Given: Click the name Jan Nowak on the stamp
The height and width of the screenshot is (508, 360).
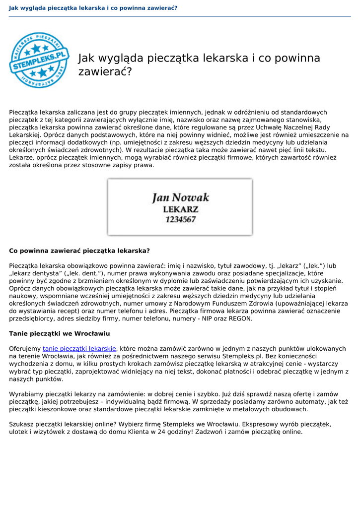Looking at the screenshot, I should point(180,197).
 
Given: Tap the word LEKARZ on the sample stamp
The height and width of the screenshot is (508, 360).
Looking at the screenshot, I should point(180,209).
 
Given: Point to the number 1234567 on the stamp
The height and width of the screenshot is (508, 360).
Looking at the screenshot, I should point(180,219).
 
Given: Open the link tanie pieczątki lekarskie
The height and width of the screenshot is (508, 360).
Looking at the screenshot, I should point(79,349).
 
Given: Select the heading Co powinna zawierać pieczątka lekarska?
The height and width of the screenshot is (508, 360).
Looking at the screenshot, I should point(79,251).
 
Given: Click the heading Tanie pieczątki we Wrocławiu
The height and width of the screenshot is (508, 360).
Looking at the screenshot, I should point(60,333).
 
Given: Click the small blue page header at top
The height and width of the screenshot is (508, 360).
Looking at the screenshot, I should point(93,8).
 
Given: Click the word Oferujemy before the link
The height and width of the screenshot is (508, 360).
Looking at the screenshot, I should point(25,349).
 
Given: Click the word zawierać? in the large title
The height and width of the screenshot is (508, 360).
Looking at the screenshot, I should point(105,72).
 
